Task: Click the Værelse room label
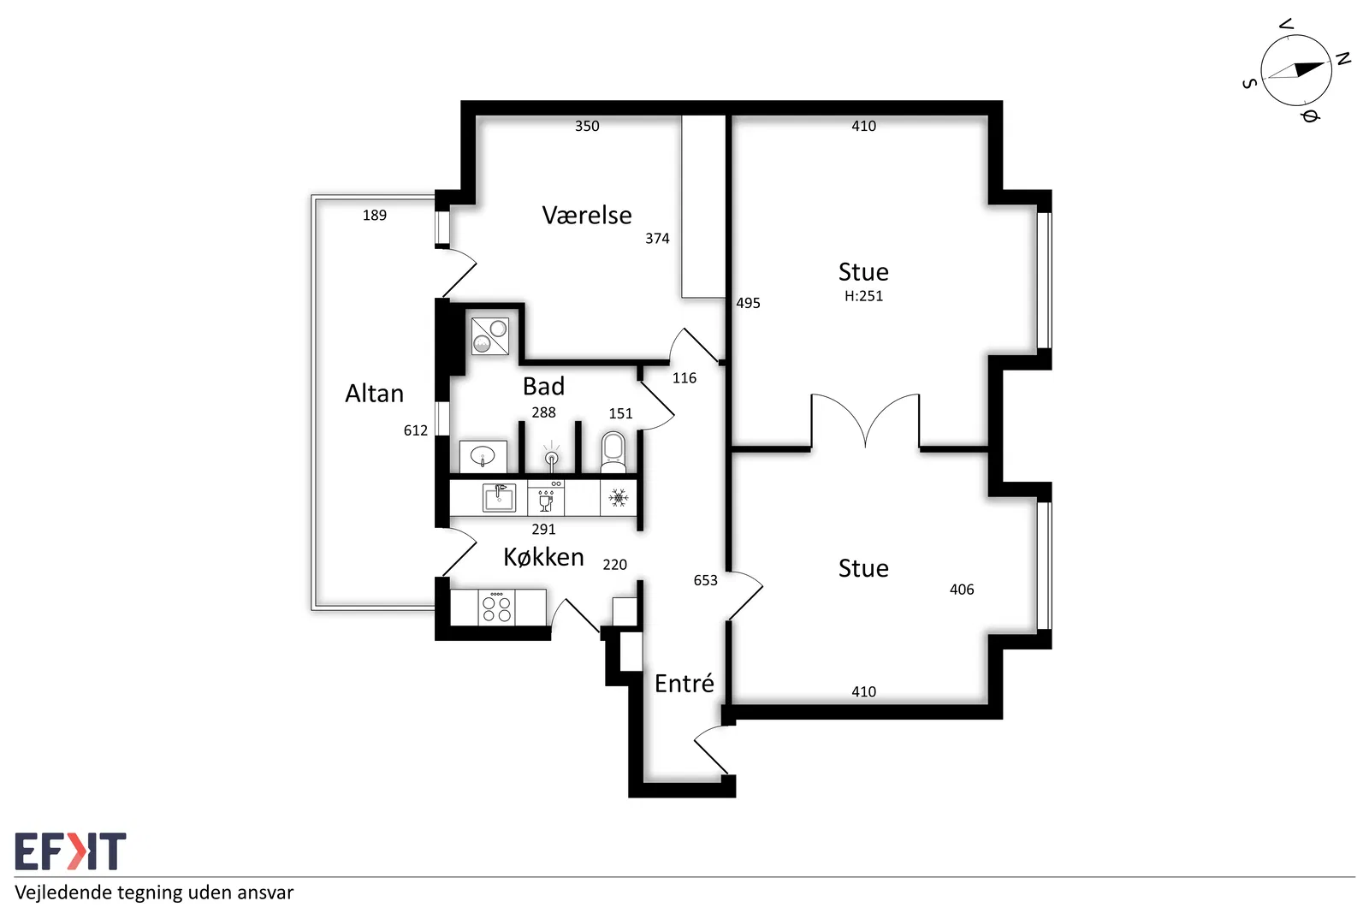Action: [x=587, y=215]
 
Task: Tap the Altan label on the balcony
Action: [x=374, y=393]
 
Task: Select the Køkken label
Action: [x=543, y=557]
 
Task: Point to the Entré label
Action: [x=684, y=683]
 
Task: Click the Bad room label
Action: [x=543, y=386]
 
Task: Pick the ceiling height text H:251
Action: [x=863, y=296]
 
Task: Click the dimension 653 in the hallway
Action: [x=705, y=580]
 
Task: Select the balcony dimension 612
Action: [x=416, y=430]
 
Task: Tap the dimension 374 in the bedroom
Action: [x=658, y=239]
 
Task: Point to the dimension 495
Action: [x=748, y=303]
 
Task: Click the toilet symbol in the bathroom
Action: [x=613, y=453]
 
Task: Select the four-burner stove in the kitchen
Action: [x=496, y=607]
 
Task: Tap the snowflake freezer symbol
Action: [x=619, y=497]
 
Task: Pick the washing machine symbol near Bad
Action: [x=490, y=336]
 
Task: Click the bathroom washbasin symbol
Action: [x=483, y=456]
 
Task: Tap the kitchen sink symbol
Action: [x=499, y=497]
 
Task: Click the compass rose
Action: [x=1295, y=71]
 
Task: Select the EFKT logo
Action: [x=70, y=851]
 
